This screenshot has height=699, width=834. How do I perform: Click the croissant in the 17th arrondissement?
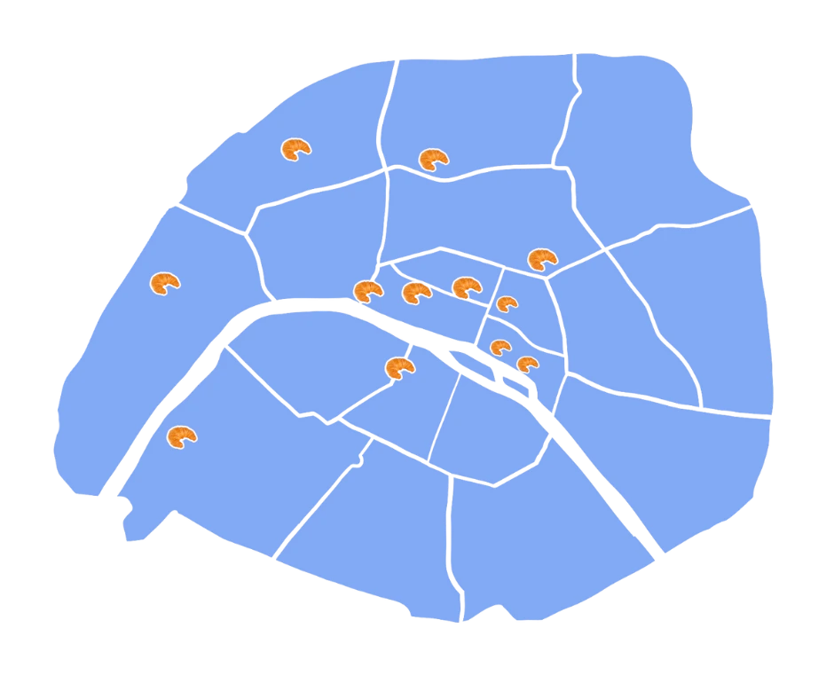[295, 149]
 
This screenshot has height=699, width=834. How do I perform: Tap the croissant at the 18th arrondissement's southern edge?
[433, 159]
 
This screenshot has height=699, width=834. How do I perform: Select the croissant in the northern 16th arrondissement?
[164, 284]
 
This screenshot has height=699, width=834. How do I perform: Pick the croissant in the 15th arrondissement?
[181, 436]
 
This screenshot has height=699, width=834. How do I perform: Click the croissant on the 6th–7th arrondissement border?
[399, 367]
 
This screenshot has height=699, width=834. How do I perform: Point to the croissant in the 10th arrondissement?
[541, 259]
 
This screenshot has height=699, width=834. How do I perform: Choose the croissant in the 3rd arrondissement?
[507, 303]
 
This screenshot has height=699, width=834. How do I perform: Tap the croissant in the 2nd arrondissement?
[466, 287]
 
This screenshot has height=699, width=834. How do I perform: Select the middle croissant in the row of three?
[416, 292]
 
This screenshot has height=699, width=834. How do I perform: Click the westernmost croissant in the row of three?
[367, 291]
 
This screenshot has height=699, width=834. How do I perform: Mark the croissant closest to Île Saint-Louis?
[527, 364]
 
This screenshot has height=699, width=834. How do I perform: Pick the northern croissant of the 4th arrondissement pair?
[500, 347]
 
